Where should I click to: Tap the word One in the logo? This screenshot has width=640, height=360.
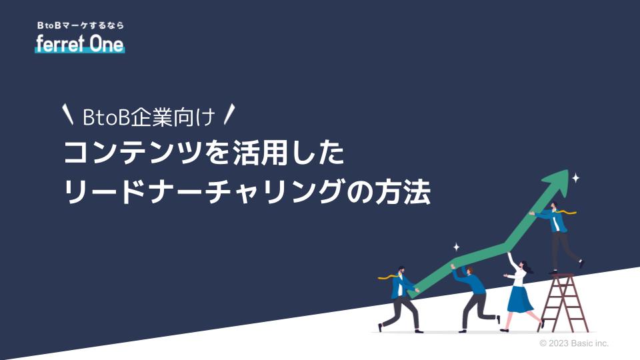tap(107, 44)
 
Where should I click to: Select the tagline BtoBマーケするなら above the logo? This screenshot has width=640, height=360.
tap(81, 25)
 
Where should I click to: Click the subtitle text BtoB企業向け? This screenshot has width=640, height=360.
tap(149, 117)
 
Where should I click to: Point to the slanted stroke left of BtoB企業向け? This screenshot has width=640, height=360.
tap(68, 114)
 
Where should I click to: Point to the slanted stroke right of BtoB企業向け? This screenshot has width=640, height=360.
tap(230, 114)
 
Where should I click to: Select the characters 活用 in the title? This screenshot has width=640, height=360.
tap(261, 153)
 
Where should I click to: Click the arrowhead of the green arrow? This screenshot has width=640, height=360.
tap(557, 182)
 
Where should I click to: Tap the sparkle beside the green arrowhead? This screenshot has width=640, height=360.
tap(575, 178)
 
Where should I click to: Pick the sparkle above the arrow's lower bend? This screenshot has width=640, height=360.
tap(456, 247)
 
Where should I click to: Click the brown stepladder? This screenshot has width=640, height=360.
tap(564, 303)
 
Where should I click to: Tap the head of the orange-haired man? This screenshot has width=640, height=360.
tap(469, 271)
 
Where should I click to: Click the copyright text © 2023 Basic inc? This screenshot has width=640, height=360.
tap(574, 343)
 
